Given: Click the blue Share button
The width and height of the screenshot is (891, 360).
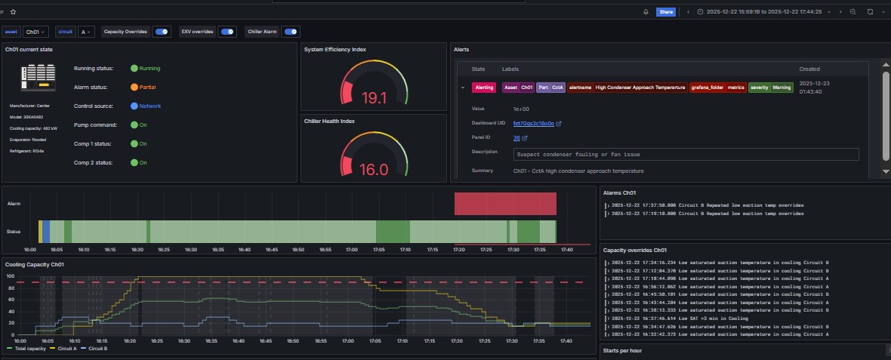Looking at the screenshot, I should [665, 12].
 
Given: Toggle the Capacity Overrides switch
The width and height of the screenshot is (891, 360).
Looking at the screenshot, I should [162, 32].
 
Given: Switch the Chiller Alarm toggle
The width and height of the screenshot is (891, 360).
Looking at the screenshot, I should [291, 32].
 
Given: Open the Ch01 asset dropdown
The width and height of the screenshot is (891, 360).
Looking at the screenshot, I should [35, 32].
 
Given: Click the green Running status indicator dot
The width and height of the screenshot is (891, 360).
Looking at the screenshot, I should [134, 69].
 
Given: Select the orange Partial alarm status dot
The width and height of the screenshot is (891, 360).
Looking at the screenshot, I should [134, 88].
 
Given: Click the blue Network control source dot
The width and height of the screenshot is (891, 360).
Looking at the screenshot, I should [134, 106].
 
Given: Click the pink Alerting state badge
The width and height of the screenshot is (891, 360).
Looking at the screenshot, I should [484, 88].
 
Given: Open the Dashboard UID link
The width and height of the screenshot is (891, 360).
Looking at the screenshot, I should [534, 123].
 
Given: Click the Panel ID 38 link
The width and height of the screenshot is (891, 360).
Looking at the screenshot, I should [516, 138].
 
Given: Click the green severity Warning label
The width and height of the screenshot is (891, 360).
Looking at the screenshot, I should [770, 88].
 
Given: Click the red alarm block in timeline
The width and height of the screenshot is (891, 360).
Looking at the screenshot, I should [505, 204].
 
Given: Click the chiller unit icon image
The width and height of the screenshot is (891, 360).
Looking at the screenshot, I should [38, 78].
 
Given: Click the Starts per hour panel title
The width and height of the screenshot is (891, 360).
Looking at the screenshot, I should [622, 350].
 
